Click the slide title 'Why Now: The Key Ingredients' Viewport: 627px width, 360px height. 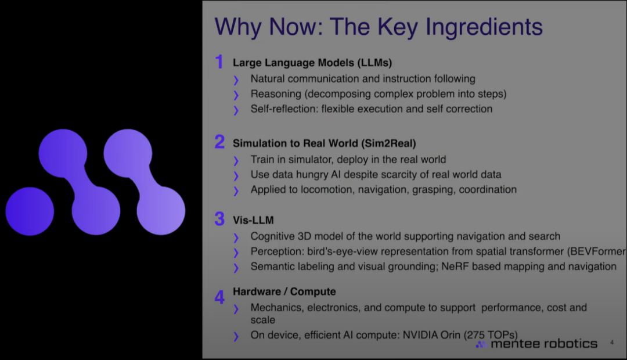pyautogui.click(x=379, y=27)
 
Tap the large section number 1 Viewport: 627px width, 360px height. pyautogui.click(x=219, y=62)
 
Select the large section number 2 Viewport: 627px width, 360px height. pyautogui.click(x=219, y=142)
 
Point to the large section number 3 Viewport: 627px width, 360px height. pyautogui.click(x=219, y=218)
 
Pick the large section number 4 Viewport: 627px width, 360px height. pyautogui.click(x=219, y=297)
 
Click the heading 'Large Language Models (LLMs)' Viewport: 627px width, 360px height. pyautogui.click(x=312, y=63)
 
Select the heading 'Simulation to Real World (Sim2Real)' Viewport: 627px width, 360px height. pyautogui.click(x=325, y=143)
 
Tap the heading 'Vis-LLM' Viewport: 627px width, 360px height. pyautogui.click(x=253, y=220)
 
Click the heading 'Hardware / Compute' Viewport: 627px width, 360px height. pyautogui.click(x=284, y=291)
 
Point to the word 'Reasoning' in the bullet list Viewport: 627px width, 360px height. pyautogui.click(x=276, y=94)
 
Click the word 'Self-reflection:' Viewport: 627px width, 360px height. pyautogui.click(x=284, y=109)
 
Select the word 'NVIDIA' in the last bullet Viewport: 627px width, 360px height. pyautogui.click(x=420, y=335)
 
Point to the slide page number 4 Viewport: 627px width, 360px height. pyautogui.click(x=612, y=343)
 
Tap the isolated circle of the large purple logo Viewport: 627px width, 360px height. pyautogui.click(x=30, y=211)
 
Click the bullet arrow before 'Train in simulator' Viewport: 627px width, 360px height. pyautogui.click(x=236, y=160)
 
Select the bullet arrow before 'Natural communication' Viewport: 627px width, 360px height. pyautogui.click(x=236, y=80)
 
